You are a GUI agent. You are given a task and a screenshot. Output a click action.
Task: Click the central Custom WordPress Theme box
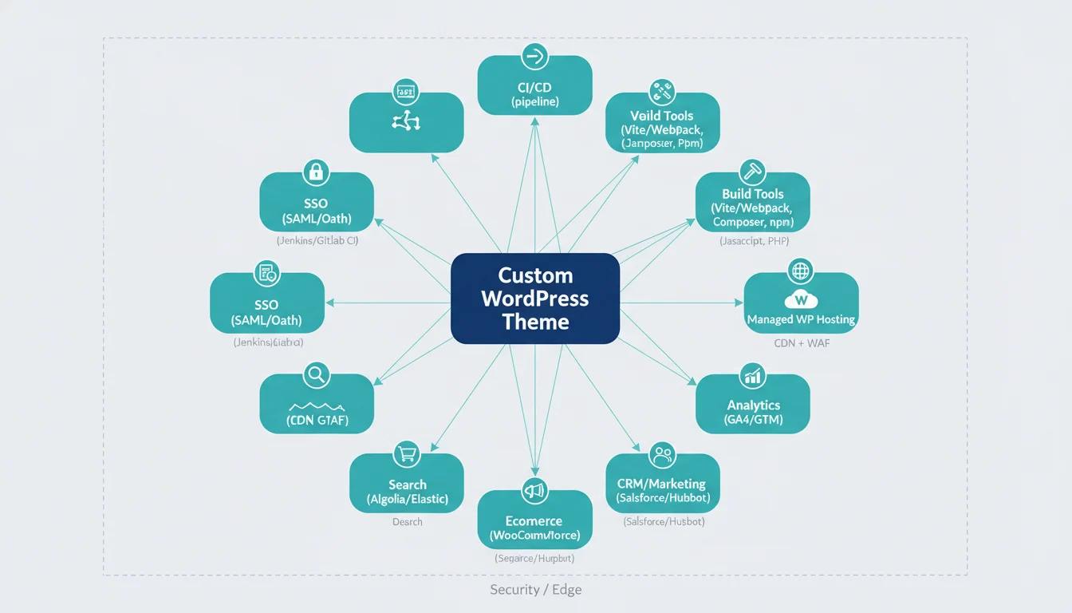[x=535, y=299]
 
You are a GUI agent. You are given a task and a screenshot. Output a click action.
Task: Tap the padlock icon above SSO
[x=316, y=171]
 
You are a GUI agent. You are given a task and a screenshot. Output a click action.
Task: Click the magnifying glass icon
[x=316, y=374]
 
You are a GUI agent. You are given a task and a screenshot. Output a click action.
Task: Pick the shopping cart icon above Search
[x=406, y=454]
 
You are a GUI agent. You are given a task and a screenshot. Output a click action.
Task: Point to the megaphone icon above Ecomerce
[x=532, y=489]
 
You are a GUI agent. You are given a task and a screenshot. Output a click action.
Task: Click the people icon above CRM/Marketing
[x=663, y=455]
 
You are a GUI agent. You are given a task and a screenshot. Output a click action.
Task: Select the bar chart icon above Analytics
[x=752, y=374]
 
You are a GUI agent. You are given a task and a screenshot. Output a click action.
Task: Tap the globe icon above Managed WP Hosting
[x=799, y=271]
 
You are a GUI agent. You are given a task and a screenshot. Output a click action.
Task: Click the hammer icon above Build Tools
[x=752, y=171]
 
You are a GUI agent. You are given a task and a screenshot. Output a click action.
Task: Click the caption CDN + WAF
[x=802, y=343]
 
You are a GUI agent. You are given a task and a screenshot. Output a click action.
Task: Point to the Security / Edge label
[x=535, y=590]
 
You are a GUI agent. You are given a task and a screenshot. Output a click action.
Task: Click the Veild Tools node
[x=662, y=123]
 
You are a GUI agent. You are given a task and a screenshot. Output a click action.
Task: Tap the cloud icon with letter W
[x=801, y=300]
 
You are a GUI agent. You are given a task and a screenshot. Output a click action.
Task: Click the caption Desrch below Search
[x=408, y=522]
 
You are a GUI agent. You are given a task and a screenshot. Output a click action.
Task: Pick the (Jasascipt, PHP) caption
[x=754, y=241]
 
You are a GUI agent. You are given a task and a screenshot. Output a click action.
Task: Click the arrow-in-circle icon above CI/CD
[x=534, y=56]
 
